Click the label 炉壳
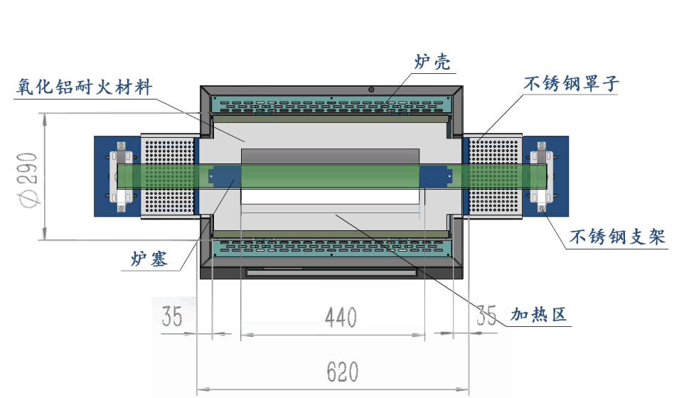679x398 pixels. tap(432, 61)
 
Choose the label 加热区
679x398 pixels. tap(540, 314)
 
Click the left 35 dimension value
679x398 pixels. tap(171, 316)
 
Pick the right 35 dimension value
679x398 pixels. tap(486, 315)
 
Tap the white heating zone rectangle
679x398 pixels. tap(331, 197)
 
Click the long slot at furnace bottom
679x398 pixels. tap(331, 271)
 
